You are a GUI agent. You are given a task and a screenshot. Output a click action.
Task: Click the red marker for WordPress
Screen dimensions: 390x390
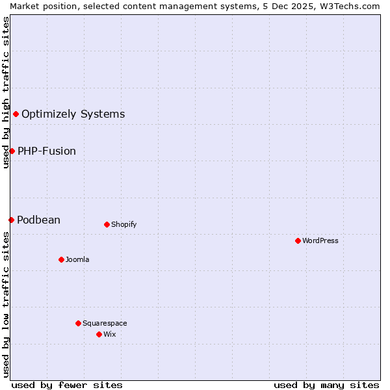[298, 240]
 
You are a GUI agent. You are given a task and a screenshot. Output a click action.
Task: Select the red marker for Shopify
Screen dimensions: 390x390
[107, 224]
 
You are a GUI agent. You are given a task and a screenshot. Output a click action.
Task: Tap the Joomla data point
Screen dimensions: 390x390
[61, 259]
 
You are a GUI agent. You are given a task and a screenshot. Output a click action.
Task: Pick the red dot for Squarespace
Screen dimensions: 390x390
[78, 323]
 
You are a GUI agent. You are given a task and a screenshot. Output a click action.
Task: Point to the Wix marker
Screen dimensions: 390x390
[99, 334]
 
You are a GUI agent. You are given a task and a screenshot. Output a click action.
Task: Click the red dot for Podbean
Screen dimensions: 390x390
[11, 220]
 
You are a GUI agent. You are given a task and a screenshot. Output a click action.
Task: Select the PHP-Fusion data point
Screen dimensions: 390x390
[12, 151]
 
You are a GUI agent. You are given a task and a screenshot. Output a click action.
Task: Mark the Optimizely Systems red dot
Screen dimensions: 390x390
[16, 114]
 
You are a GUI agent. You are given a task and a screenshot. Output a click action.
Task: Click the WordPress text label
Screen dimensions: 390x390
[320, 240]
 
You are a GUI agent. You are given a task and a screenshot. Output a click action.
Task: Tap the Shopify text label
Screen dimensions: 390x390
[123, 224]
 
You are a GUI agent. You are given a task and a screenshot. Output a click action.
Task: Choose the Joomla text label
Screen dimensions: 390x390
[77, 259]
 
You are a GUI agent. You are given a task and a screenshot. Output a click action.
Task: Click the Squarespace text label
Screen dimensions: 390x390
[105, 323]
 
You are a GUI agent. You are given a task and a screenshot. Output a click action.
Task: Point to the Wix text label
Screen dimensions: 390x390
[110, 334]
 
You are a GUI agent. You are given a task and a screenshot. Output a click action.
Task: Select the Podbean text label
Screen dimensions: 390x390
[39, 220]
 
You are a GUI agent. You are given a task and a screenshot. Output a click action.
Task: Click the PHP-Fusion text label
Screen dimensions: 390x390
[47, 151]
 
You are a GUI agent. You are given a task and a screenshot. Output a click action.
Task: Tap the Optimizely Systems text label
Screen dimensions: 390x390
[73, 114]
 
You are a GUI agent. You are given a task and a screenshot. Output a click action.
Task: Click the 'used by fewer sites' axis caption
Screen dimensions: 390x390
[67, 385]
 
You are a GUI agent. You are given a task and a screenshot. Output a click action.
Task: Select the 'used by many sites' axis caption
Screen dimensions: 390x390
[326, 385]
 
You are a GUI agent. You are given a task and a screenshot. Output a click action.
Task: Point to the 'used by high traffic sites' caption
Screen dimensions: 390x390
[6, 92]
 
